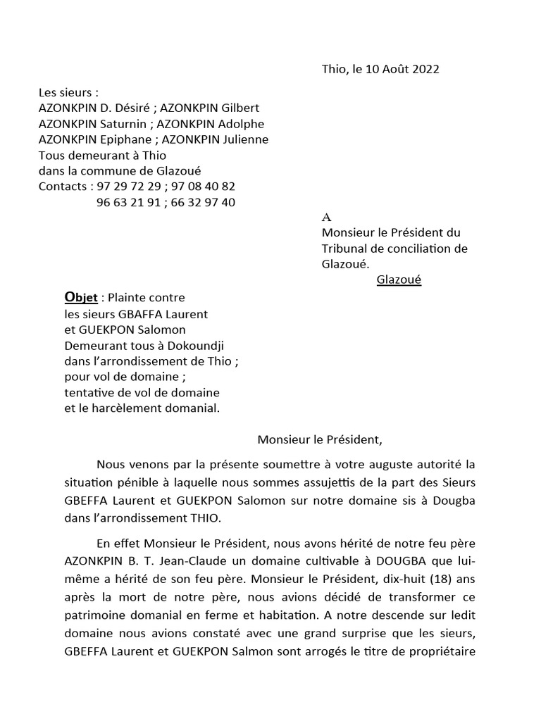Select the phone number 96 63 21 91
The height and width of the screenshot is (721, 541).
pyautogui.click(x=125, y=203)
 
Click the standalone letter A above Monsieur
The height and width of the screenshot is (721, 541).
pyautogui.click(x=325, y=218)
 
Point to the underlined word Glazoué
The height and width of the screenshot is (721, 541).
pyautogui.click(x=399, y=280)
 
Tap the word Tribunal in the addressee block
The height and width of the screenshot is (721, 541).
pyautogui.click(x=346, y=248)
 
